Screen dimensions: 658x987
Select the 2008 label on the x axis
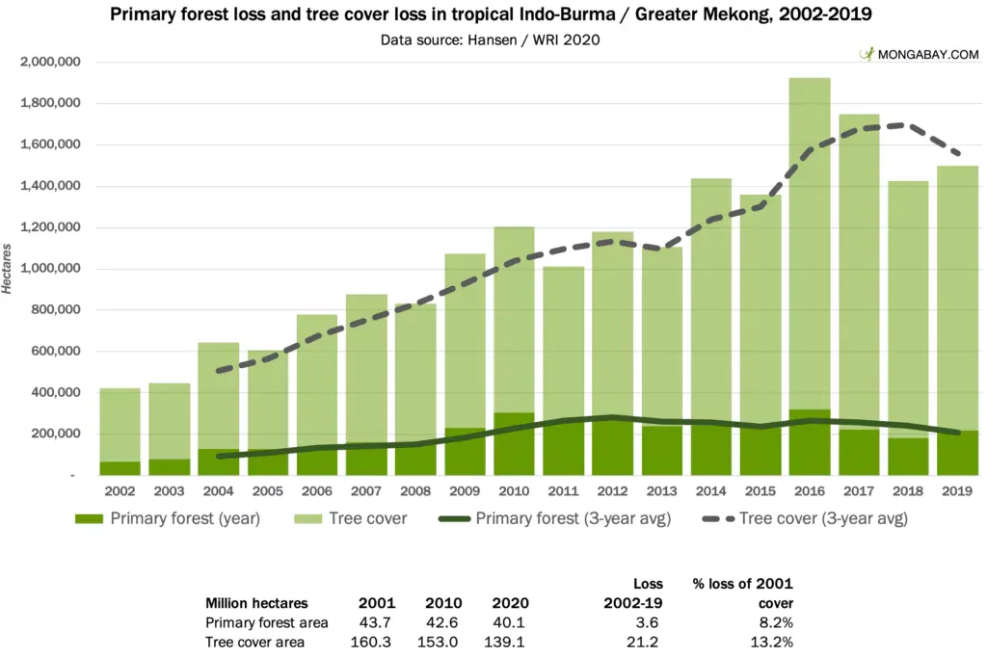[414, 491]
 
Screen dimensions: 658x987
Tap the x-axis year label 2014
[711, 491]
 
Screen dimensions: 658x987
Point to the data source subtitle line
[493, 40]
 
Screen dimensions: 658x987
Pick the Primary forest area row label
[267, 623]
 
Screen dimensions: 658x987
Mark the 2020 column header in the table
[508, 602]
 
